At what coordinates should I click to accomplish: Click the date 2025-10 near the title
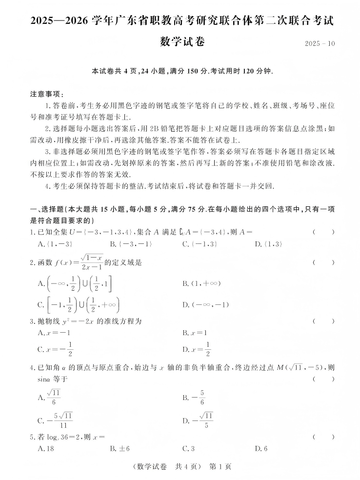click(320, 43)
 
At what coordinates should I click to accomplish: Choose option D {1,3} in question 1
click(268, 244)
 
